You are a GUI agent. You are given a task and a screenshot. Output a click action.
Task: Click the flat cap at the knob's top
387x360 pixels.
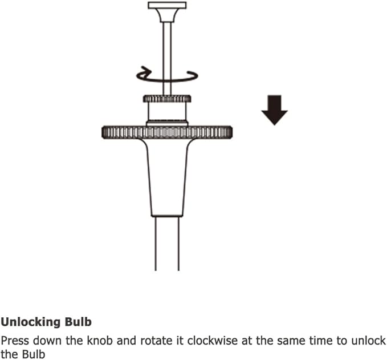pyautogui.click(x=167, y=6)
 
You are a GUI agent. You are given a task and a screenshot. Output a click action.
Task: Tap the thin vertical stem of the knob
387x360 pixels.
pyautogui.click(x=167, y=58)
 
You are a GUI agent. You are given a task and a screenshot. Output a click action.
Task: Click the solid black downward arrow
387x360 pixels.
pyautogui.click(x=275, y=110)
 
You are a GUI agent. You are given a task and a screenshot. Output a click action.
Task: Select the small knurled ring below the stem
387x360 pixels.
pyautogui.click(x=167, y=99)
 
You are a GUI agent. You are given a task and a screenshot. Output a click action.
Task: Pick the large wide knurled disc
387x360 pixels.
pyautogui.click(x=167, y=132)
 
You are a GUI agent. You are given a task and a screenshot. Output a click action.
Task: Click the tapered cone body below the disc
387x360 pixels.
pyautogui.click(x=167, y=177)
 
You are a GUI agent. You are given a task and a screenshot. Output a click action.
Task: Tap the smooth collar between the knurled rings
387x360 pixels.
pyautogui.click(x=167, y=112)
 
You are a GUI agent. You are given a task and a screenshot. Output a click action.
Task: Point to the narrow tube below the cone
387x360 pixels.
pyautogui.click(x=167, y=244)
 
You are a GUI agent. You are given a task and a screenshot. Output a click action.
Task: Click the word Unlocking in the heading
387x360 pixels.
pyautogui.click(x=31, y=322)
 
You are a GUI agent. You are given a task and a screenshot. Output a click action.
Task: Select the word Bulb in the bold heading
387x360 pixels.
pyautogui.click(x=78, y=322)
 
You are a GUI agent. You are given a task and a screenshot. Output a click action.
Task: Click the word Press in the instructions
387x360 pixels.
pyautogui.click(x=15, y=341)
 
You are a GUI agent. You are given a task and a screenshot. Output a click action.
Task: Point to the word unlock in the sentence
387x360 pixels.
pyautogui.click(x=369, y=340)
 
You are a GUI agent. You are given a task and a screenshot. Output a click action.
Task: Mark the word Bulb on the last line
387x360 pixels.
pyautogui.click(x=34, y=354)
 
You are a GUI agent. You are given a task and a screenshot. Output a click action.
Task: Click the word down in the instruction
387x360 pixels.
pyautogui.click(x=48, y=340)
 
